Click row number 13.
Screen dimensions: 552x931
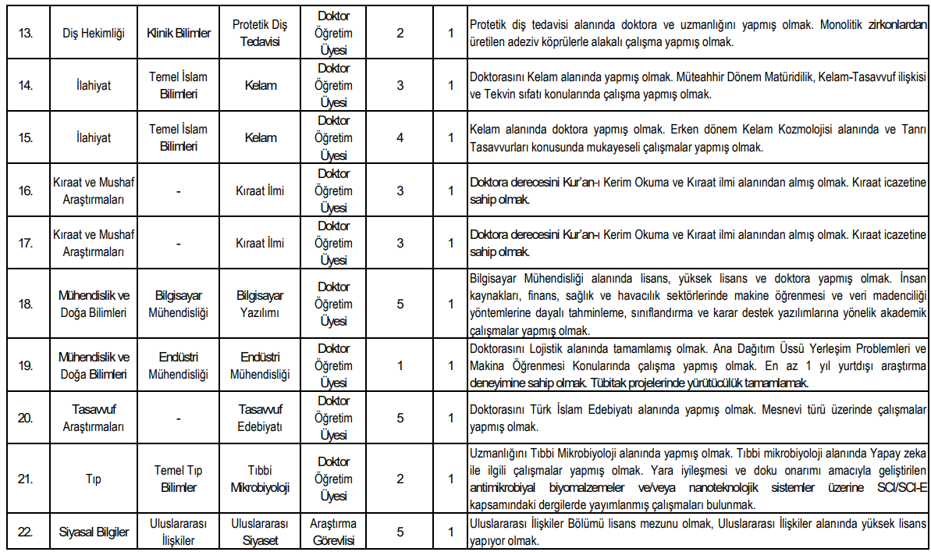[26, 34]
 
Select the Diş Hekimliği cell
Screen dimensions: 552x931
[93, 34]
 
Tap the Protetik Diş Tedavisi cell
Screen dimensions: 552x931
[261, 34]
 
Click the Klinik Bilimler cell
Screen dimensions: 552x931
[179, 34]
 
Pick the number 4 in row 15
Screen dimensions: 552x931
[400, 137]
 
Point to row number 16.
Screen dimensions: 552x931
[26, 190]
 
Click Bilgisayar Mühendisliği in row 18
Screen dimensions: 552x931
[179, 304]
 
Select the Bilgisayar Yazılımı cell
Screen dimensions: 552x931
[261, 304]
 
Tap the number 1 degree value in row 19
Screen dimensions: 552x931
[400, 365]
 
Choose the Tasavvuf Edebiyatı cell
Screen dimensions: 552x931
[261, 418]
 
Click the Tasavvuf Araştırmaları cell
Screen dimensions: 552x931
[93, 418]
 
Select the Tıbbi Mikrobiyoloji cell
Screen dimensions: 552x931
[261, 479]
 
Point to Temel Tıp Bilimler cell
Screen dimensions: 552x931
[179, 479]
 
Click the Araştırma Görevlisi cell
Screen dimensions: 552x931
[334, 532]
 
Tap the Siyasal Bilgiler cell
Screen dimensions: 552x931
[93, 532]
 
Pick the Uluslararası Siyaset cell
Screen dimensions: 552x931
[261, 532]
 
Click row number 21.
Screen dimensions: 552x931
[26, 479]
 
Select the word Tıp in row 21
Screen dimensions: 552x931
[93, 479]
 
